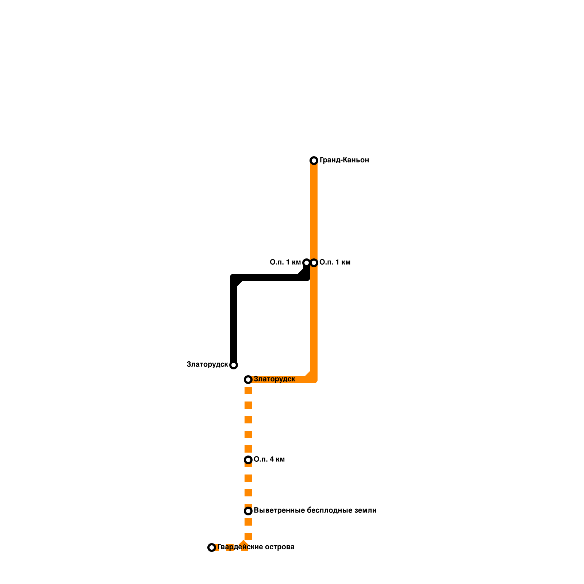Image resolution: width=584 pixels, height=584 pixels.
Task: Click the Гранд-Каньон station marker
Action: (314, 161)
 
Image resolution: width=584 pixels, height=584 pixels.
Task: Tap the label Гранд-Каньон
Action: (344, 160)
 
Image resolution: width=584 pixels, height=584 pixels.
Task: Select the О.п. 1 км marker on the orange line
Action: (314, 263)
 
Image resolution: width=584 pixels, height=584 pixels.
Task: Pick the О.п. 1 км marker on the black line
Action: (307, 263)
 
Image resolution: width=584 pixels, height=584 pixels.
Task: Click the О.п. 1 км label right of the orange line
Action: (335, 262)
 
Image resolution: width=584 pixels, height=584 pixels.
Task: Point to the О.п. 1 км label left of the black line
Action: (285, 262)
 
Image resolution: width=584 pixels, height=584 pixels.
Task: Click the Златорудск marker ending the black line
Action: (234, 365)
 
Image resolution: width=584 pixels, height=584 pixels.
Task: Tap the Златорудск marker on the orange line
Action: (248, 380)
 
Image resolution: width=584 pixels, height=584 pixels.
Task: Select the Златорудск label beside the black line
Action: (207, 365)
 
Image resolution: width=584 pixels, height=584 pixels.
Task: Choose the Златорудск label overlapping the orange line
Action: (274, 379)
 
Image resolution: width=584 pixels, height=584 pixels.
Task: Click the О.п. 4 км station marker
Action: (248, 460)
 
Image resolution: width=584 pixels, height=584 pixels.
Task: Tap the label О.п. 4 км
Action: (269, 460)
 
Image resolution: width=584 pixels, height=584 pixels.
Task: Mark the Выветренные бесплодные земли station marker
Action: (248, 511)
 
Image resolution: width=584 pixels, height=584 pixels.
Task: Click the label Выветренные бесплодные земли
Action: (315, 511)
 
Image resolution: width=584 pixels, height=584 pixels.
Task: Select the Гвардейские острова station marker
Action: (212, 547)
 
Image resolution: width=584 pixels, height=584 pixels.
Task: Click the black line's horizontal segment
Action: (270, 277)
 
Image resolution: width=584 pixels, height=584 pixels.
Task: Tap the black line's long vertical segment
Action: (234, 321)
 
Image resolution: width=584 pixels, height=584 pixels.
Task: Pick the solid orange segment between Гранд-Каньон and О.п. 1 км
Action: (314, 212)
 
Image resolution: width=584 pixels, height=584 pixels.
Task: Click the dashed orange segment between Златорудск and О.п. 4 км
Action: (248, 420)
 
